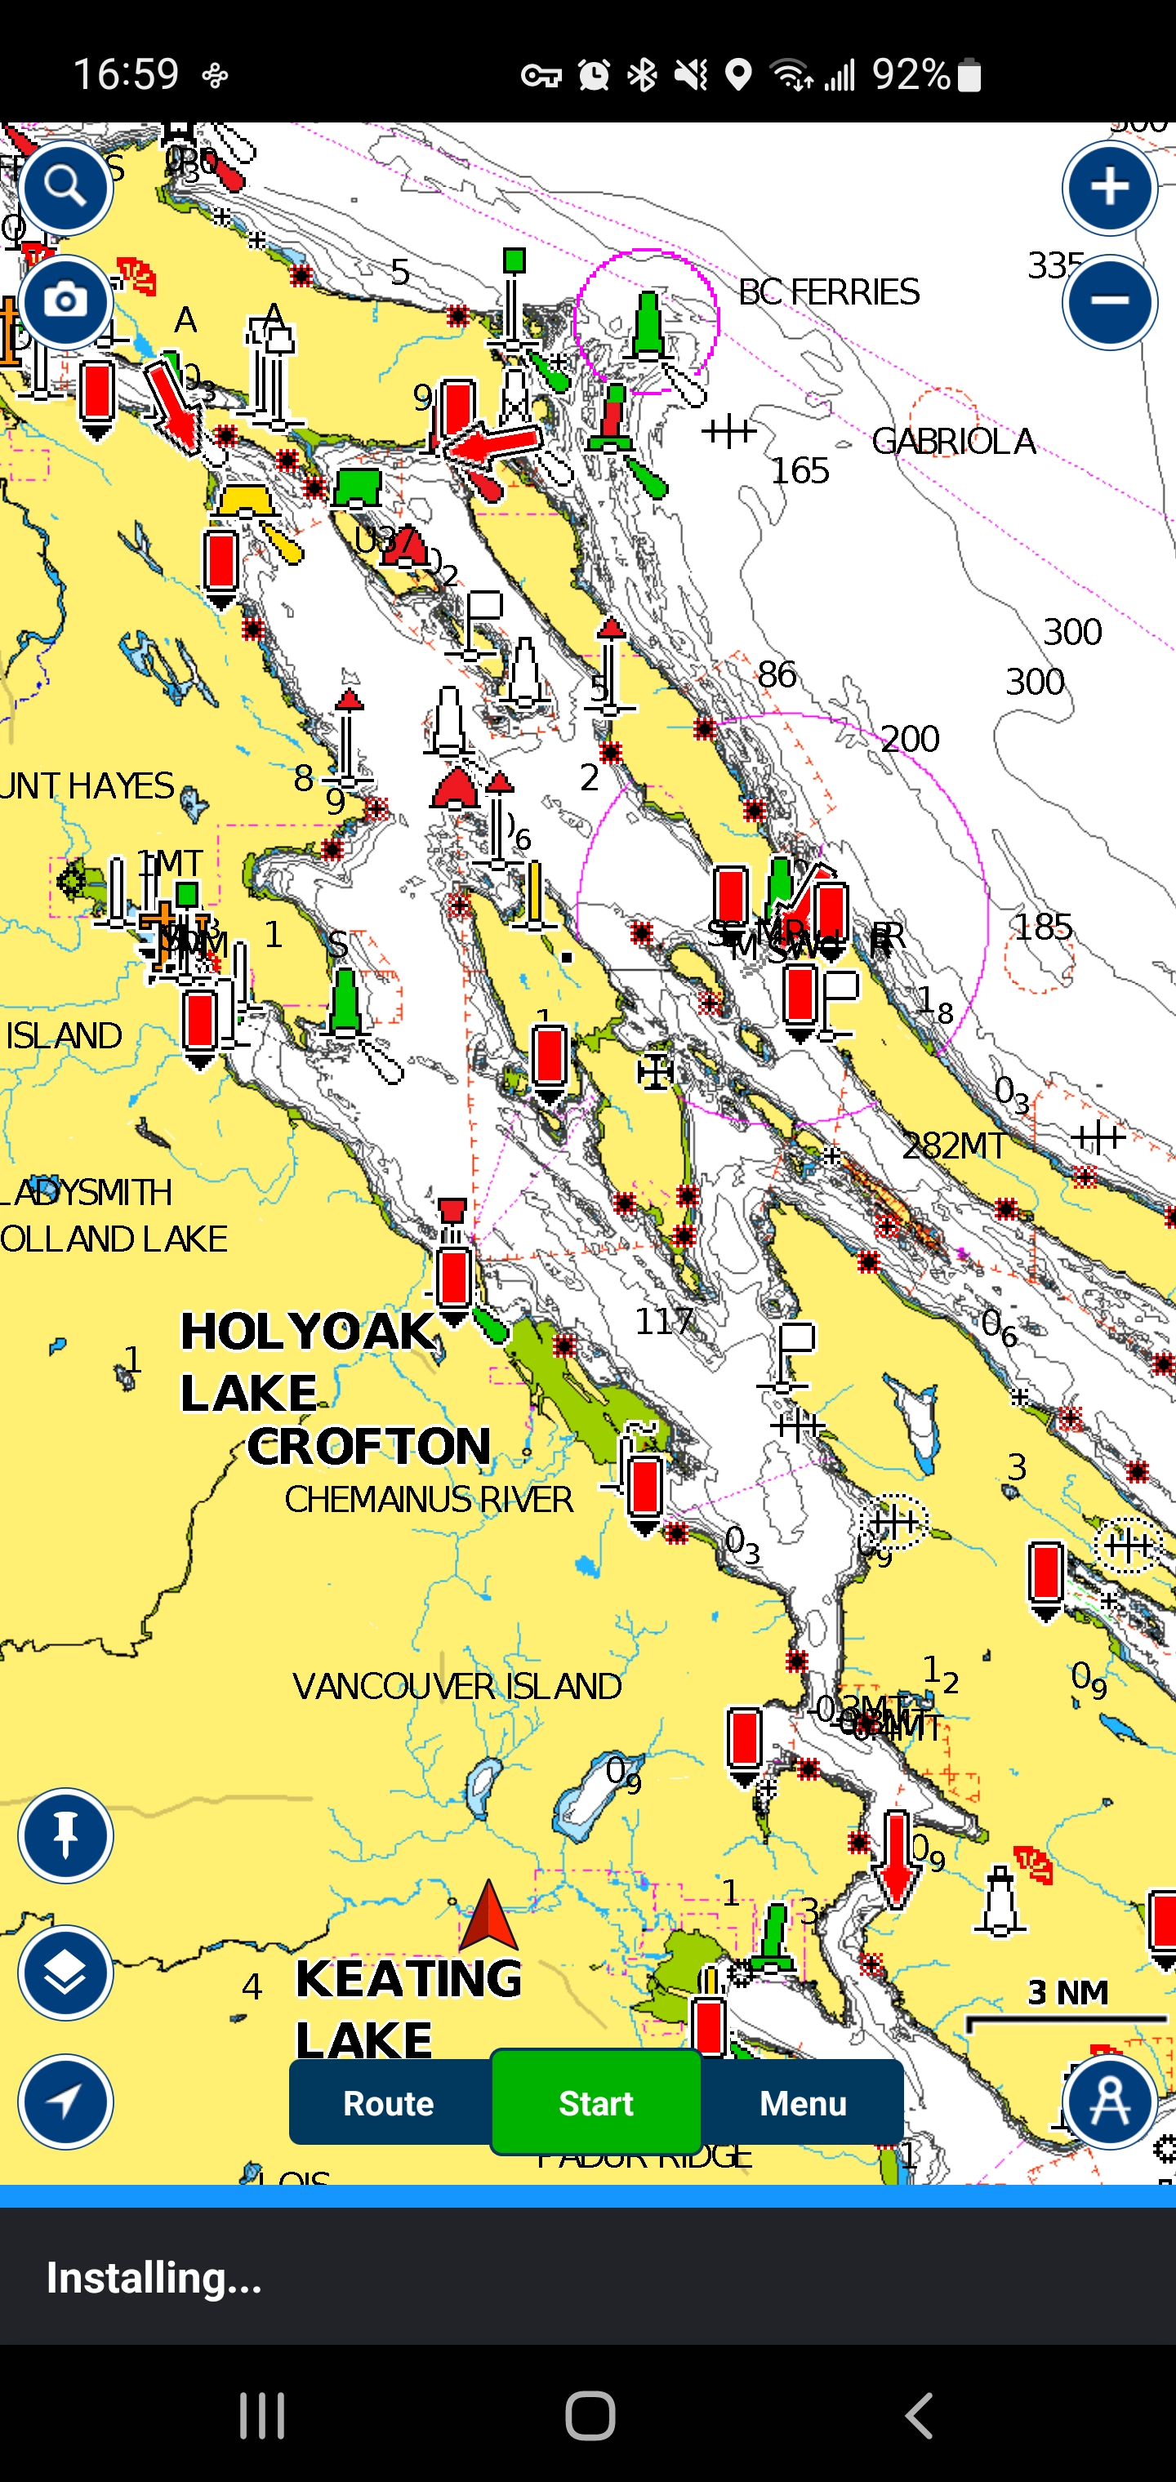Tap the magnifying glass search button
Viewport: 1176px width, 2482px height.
(65, 187)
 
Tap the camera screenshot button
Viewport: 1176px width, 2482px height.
(65, 301)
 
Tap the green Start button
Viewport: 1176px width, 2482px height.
(595, 2102)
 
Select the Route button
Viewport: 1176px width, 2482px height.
(390, 2102)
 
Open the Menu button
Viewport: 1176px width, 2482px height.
(802, 2102)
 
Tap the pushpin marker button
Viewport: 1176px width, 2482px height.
(65, 1835)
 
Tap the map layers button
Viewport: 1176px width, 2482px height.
(65, 1973)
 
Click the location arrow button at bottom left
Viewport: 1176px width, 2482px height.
(65, 2102)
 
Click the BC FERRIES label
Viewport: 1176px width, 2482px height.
(829, 292)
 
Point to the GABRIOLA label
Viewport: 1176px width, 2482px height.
(952, 443)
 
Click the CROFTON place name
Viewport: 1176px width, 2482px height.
(369, 1446)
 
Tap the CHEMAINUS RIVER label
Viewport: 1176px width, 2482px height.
(429, 1499)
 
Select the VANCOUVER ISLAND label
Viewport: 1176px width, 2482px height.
(457, 1686)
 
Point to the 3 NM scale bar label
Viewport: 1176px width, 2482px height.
(1067, 1992)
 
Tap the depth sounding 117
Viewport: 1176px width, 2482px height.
(664, 1321)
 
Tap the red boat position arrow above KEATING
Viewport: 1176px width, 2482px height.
(488, 1915)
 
